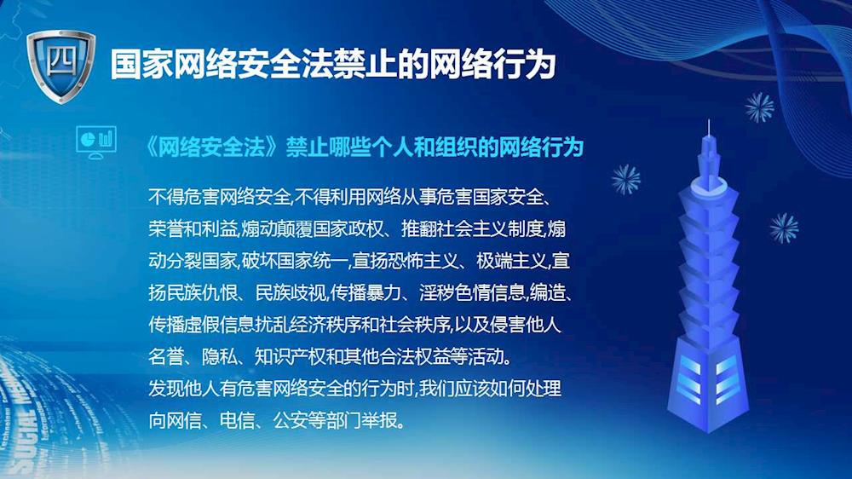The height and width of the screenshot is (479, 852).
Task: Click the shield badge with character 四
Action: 60,66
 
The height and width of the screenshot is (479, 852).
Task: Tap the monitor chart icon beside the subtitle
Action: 96,141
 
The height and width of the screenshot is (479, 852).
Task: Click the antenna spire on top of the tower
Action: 709,130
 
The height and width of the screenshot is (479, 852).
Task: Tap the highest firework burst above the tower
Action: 759,107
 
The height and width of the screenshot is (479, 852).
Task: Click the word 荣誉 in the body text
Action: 166,229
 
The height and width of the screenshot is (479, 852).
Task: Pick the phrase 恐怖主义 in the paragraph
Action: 423,261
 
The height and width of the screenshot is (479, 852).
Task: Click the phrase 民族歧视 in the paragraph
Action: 291,293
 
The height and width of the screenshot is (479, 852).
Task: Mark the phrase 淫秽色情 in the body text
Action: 454,293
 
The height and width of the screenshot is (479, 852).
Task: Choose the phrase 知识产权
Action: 291,356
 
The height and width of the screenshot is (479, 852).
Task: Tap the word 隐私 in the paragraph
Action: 220,356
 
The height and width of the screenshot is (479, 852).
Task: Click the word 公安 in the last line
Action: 291,420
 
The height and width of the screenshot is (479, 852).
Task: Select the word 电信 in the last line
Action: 237,420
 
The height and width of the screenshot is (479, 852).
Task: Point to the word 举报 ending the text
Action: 379,420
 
